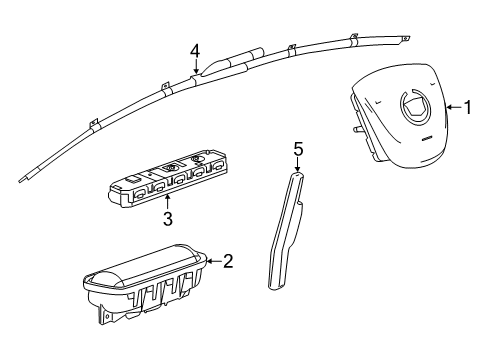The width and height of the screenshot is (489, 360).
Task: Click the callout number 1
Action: (468, 107)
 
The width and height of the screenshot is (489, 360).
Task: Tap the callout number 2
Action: (228, 261)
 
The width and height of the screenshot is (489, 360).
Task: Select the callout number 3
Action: (168, 219)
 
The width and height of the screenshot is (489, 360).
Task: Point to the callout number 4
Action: (195, 52)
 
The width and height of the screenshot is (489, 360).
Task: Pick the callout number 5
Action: (298, 149)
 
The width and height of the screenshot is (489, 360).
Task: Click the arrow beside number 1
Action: (454, 107)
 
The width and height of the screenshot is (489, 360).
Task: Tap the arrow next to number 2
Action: (214, 261)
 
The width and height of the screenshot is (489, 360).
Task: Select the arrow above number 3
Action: (168, 203)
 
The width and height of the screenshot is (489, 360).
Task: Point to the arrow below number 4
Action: (196, 67)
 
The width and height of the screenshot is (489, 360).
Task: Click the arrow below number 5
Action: (297, 165)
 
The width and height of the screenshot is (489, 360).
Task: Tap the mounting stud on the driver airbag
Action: (357, 129)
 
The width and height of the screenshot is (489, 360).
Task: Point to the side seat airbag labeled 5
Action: (286, 230)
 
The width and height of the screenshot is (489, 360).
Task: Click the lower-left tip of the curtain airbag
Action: (20, 180)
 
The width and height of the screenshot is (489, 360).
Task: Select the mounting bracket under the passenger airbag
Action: (105, 315)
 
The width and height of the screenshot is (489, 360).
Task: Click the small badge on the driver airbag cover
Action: (427, 139)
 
